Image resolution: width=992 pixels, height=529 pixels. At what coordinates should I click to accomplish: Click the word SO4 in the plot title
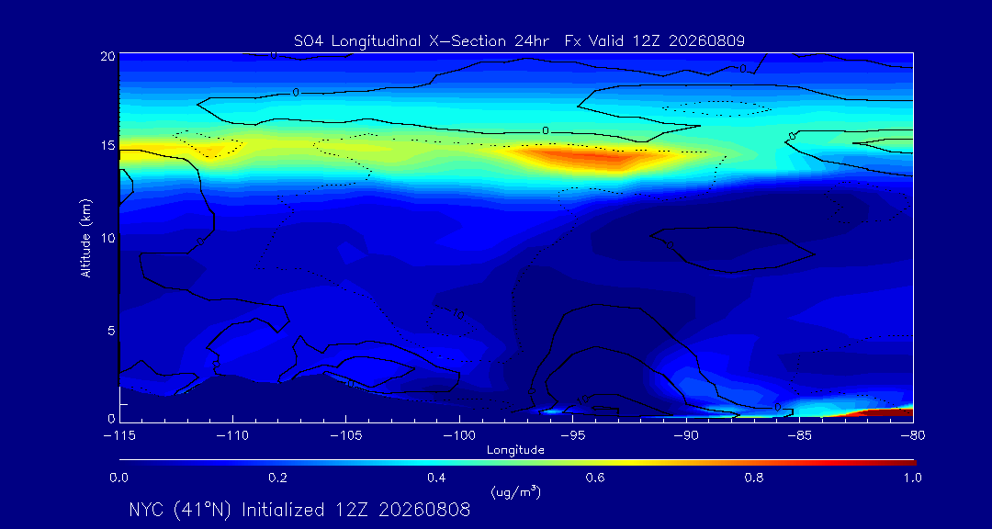307,41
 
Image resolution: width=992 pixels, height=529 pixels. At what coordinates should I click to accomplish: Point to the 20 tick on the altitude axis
107,56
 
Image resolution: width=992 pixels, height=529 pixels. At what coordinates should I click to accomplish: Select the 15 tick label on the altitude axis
107,145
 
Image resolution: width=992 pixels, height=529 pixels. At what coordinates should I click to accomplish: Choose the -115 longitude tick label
119,436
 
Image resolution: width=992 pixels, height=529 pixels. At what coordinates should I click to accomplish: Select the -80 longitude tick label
913,436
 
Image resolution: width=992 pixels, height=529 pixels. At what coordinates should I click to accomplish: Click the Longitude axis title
515,451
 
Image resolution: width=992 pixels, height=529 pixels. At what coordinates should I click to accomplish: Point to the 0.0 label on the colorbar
118,478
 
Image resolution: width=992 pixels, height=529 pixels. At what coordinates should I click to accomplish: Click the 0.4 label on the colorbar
436,478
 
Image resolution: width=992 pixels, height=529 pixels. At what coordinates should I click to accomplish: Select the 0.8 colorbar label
753,478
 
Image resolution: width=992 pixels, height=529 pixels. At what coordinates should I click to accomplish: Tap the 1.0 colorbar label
912,478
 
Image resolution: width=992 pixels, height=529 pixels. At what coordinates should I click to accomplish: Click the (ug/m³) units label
515,491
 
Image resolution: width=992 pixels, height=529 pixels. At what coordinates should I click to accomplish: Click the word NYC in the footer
150,510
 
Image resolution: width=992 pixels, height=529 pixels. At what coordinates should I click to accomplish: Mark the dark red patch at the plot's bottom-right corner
884,412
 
